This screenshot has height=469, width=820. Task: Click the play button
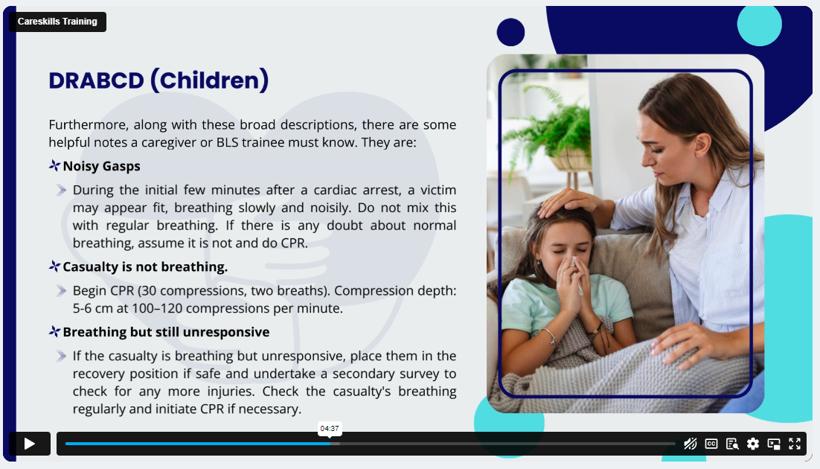pyautogui.click(x=30, y=444)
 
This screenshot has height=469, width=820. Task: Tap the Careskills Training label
pyautogui.click(x=57, y=22)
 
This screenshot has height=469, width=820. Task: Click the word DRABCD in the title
pyautogui.click(x=96, y=80)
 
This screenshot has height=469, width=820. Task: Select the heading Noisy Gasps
pyautogui.click(x=101, y=166)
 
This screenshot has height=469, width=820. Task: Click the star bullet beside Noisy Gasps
pyautogui.click(x=54, y=165)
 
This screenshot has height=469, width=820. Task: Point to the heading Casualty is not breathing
pyautogui.click(x=145, y=267)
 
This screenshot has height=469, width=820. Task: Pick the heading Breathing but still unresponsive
pyautogui.click(x=166, y=332)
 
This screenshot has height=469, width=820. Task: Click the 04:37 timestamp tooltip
pyautogui.click(x=330, y=428)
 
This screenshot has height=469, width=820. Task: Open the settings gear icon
pyautogui.click(x=752, y=444)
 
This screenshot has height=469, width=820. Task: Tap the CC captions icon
pyautogui.click(x=711, y=444)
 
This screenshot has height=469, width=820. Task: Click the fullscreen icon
pyautogui.click(x=795, y=444)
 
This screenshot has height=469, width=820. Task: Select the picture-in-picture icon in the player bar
pyautogui.click(x=774, y=444)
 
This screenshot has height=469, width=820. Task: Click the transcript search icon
pyautogui.click(x=732, y=444)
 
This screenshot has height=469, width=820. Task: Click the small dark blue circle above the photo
pyautogui.click(x=510, y=32)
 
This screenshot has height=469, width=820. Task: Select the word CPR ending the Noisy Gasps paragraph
pyautogui.click(x=294, y=243)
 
